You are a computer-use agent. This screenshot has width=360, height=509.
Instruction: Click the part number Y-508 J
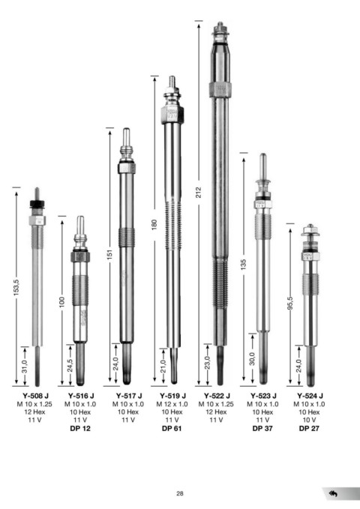[x=35, y=396]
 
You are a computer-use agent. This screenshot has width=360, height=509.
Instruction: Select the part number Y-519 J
[x=172, y=396]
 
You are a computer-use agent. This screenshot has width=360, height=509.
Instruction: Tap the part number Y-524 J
[x=310, y=396]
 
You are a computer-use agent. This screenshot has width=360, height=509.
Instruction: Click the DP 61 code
[x=172, y=428]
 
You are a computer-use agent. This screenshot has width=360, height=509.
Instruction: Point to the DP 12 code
[x=80, y=428]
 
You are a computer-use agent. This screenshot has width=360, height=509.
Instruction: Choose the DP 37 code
[x=262, y=428]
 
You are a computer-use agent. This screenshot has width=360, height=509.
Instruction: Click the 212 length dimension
[x=199, y=193]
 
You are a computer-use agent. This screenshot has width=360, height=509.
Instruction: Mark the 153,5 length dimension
[x=16, y=288]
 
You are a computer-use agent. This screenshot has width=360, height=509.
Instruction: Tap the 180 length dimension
[x=154, y=225]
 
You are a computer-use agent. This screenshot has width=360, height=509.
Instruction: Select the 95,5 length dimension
[x=290, y=303]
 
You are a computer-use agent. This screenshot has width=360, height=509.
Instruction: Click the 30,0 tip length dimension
[x=253, y=359]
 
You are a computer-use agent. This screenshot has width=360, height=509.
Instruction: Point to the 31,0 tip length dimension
[x=25, y=367]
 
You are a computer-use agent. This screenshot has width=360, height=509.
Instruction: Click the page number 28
[x=180, y=493]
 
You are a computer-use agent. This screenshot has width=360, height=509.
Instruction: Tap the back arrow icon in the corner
[x=333, y=494]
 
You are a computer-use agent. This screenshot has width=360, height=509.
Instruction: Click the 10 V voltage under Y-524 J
[x=309, y=420]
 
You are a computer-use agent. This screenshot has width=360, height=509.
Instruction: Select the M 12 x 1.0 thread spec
[x=172, y=404]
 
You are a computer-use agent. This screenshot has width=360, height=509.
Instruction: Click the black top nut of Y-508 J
[x=37, y=204]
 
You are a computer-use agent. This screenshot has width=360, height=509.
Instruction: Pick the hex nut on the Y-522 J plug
[x=220, y=90]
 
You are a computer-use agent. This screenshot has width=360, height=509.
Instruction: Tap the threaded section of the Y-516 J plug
[x=80, y=291]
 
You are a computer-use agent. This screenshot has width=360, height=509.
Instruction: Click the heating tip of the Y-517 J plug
[x=127, y=364]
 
